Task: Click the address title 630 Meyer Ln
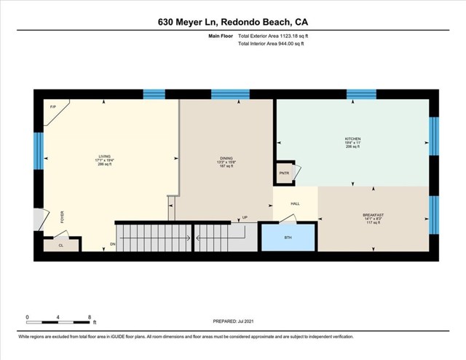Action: point(232,22)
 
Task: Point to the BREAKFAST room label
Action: point(373,215)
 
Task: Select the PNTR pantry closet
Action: point(284,173)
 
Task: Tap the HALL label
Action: point(295,204)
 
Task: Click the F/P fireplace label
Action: point(53,107)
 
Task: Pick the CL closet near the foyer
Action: point(61,246)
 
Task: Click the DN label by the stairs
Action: point(113,243)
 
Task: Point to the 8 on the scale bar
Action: point(89,317)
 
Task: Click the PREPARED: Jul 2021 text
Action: point(234,321)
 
